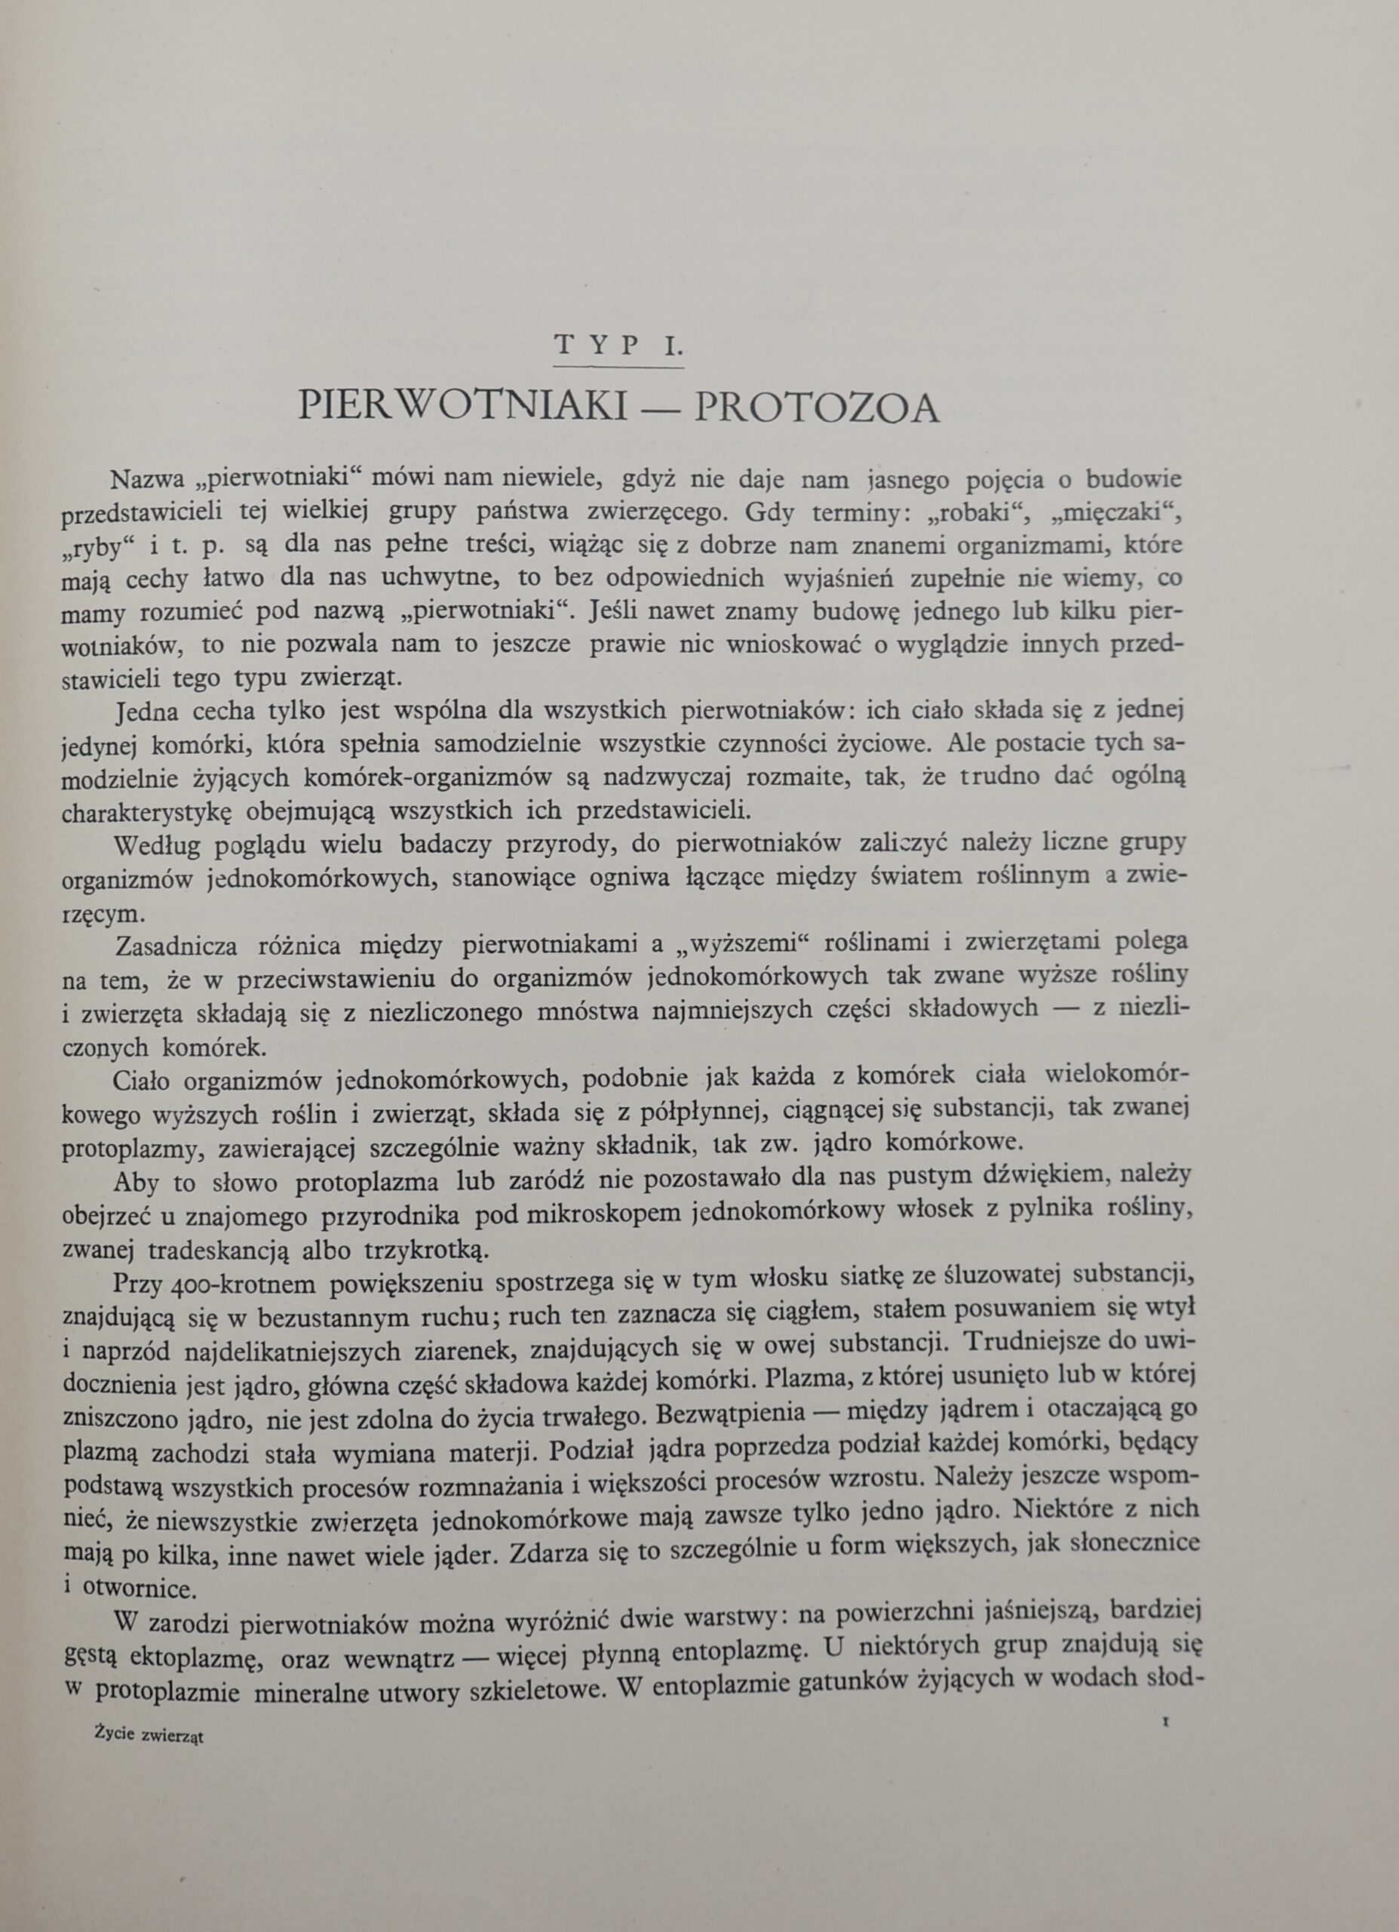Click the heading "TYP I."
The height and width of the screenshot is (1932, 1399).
pos(619,346)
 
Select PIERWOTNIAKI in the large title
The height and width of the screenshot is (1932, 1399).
pos(463,408)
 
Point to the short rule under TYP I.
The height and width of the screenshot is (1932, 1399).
pos(619,368)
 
